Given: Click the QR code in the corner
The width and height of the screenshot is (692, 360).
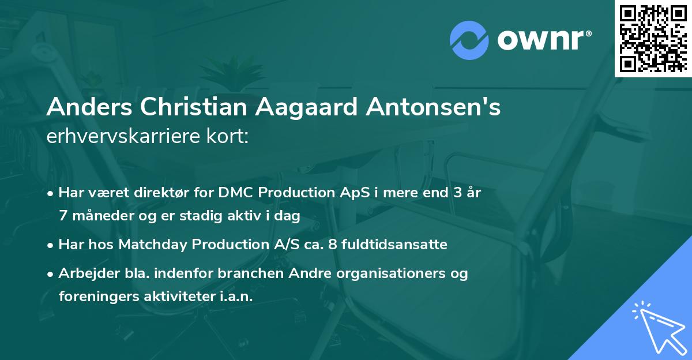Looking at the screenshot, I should coord(653,38).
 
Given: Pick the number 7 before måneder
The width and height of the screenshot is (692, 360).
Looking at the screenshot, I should coord(62,216).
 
